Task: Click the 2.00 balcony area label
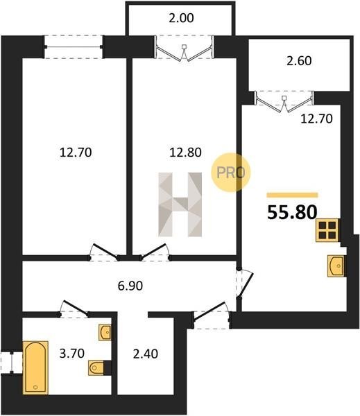click(x=181, y=18)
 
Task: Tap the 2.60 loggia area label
click(x=299, y=61)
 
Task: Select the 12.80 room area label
click(x=185, y=153)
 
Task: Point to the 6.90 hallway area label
click(x=130, y=286)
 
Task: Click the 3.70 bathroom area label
click(x=72, y=354)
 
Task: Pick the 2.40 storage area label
click(x=146, y=354)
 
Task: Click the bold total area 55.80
click(x=292, y=213)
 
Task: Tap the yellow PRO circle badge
click(x=231, y=173)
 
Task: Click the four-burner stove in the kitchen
click(x=327, y=230)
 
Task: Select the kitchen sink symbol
click(x=336, y=266)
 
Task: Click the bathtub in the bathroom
click(x=35, y=367)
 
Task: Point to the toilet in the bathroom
click(x=96, y=367)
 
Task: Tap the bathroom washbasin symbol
click(x=105, y=332)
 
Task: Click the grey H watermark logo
click(x=180, y=205)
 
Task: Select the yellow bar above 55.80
click(x=292, y=196)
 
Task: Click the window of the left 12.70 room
click(x=74, y=47)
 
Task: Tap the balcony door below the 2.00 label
click(x=185, y=47)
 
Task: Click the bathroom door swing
click(x=74, y=309)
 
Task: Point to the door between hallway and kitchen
click(x=244, y=283)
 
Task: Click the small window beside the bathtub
click(x=11, y=363)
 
